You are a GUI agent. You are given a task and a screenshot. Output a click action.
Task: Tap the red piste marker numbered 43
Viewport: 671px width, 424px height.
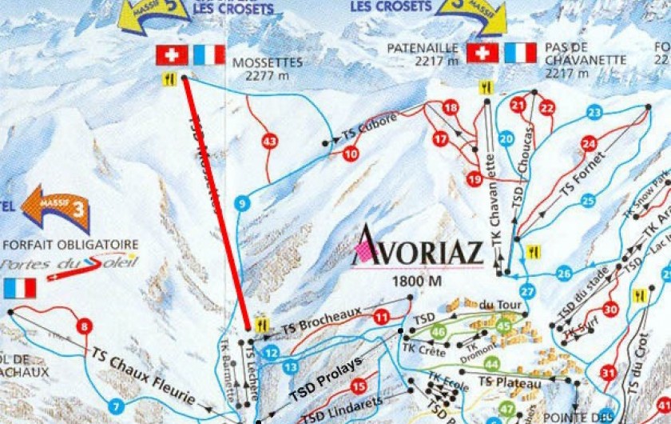coord(270,142)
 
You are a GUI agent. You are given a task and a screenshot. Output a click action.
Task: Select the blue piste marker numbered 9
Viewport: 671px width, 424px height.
coord(242,203)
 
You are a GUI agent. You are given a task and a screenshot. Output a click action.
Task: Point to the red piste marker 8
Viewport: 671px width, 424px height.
coord(83,326)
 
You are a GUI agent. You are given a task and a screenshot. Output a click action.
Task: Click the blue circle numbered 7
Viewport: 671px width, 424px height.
coord(117,406)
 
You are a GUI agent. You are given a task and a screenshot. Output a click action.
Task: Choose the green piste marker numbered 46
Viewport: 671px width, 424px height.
coord(438,331)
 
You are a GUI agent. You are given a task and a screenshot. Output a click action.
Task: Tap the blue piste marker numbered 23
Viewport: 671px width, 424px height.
coord(594,112)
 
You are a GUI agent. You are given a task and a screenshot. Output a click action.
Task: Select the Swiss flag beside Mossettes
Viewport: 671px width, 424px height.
coord(171,54)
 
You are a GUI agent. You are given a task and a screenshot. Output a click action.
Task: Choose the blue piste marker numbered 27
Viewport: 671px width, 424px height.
coord(526,291)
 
